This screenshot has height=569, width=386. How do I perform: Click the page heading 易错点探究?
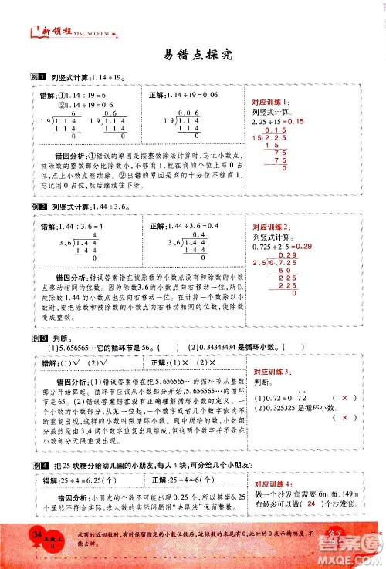tap(193, 55)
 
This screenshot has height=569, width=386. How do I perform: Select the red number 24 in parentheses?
tap(311, 504)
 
